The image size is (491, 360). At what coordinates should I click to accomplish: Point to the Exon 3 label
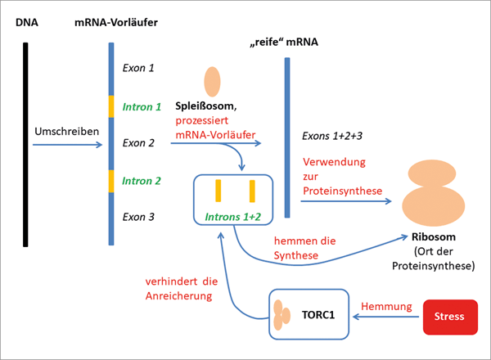click(x=137, y=217)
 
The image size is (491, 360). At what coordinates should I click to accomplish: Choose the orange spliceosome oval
click(x=212, y=79)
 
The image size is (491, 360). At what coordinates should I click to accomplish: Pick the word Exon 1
click(x=137, y=69)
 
